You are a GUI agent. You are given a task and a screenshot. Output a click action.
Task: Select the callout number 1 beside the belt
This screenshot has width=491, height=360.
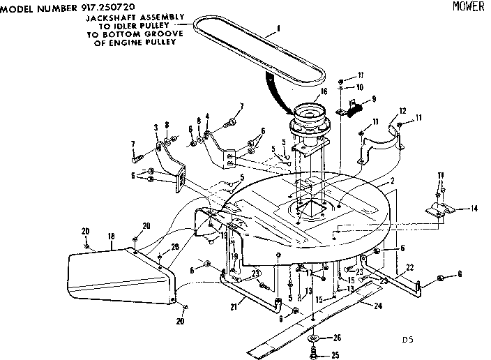click(278, 29)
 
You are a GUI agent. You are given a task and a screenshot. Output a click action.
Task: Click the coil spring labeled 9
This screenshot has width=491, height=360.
click(356, 106)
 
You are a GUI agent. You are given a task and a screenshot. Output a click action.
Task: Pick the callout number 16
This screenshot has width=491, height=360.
click(324, 91)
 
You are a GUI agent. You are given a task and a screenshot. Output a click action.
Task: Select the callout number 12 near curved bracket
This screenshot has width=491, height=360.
click(402, 110)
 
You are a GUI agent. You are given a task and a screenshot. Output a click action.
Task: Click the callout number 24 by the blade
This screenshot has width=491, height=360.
click(378, 304)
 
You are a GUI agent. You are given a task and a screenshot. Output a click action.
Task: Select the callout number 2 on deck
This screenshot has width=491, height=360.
click(393, 181)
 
